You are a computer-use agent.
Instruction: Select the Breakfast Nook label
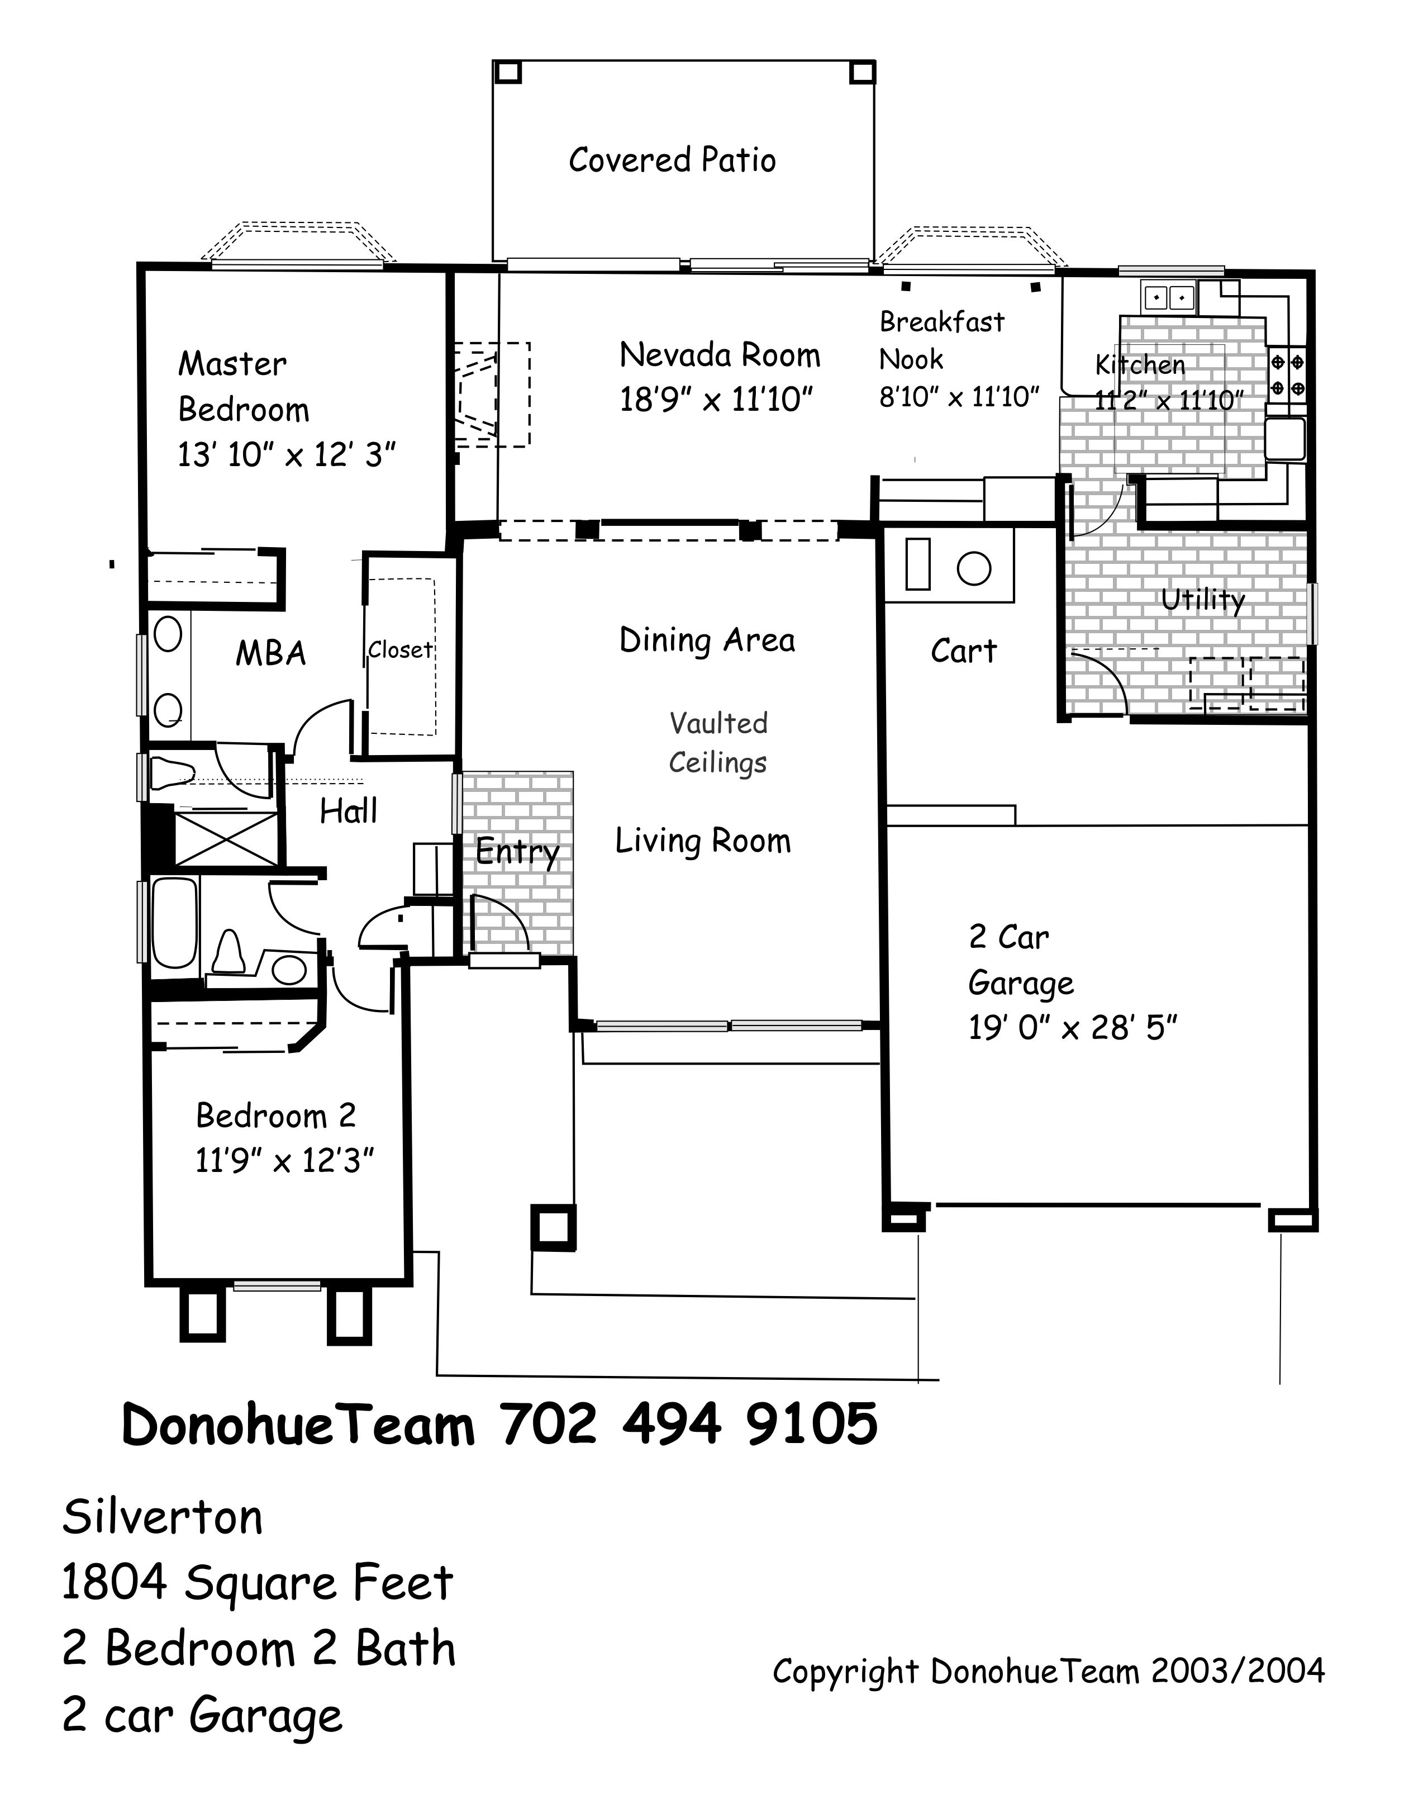pyautogui.click(x=942, y=340)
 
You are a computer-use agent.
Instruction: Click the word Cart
pyautogui.click(x=963, y=652)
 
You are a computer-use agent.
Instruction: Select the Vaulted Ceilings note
pyautogui.click(x=718, y=743)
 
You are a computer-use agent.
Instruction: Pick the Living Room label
pyautogui.click(x=703, y=842)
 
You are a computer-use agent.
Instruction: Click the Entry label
pyautogui.click(x=518, y=852)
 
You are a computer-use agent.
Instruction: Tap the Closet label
pyautogui.click(x=401, y=650)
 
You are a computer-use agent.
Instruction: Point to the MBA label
pyautogui.click(x=270, y=654)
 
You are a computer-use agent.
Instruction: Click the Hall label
pyautogui.click(x=349, y=811)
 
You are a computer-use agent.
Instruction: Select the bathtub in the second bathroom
pyautogui.click(x=175, y=923)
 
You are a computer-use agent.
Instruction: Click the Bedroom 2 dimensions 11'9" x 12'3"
pyautogui.click(x=284, y=1161)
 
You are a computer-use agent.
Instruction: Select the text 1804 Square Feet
pyautogui.click(x=257, y=1583)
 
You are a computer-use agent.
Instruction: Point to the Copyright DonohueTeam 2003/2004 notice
pyautogui.click(x=1049, y=1672)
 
